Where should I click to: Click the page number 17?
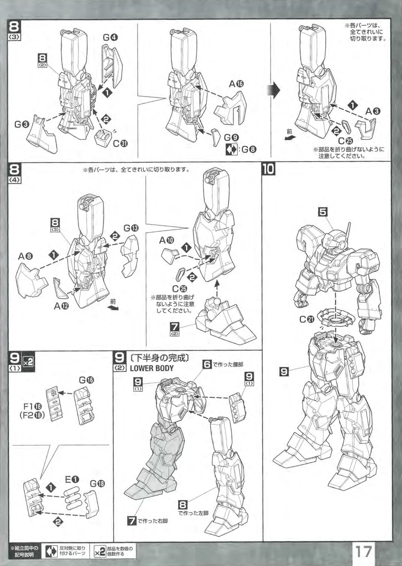[363, 551]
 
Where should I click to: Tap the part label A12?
[61, 306]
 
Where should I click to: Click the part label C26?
[179, 289]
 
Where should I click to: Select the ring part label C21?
[307, 319]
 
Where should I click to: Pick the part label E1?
[72, 480]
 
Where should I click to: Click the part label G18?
[97, 484]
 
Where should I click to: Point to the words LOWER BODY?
[152, 368]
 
